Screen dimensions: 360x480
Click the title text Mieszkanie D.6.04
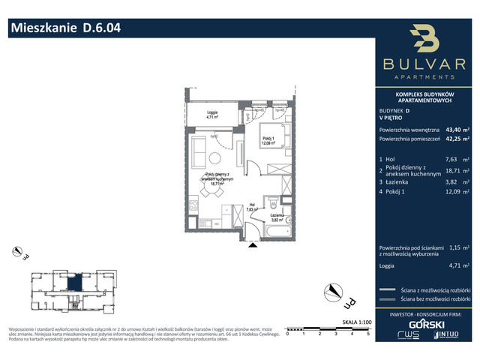(x=64, y=29)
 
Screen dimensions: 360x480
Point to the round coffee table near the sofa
(x=214, y=157)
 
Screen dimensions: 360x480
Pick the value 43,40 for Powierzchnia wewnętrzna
(x=454, y=128)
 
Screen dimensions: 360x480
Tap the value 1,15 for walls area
(x=453, y=246)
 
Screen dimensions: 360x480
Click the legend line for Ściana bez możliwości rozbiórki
(x=388, y=298)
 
